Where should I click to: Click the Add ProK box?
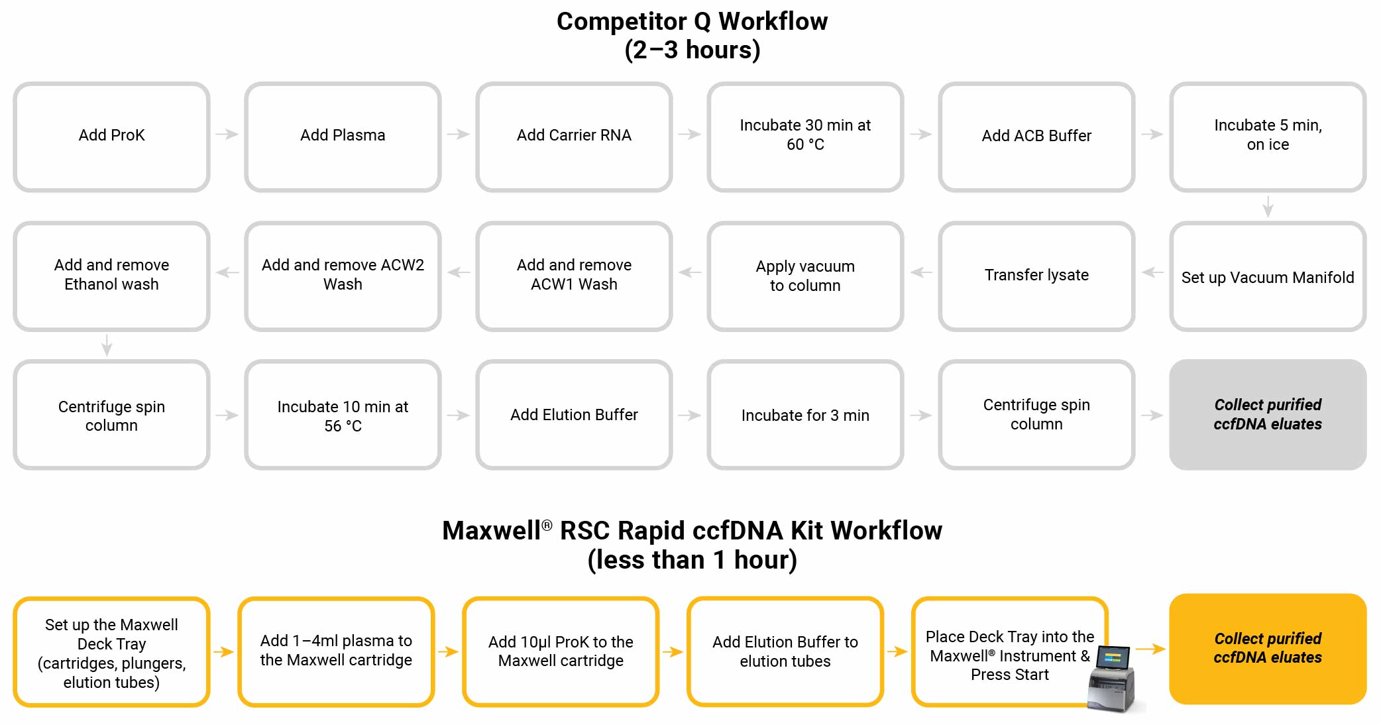coord(111,137)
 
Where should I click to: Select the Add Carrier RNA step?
coord(574,137)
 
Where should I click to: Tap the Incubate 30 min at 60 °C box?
coord(805,137)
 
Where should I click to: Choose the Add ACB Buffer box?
coord(1036,137)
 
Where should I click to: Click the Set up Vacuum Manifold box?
coord(1267,277)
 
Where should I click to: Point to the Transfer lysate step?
coord(1036,276)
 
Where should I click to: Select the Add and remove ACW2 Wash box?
coord(343,276)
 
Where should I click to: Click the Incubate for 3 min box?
coord(805,416)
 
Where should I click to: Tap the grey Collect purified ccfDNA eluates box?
coord(1267,415)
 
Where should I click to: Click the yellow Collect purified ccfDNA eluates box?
coord(1267,648)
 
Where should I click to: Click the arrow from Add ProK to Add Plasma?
coord(227,135)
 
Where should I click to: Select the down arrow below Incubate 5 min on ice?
coord(1268,206)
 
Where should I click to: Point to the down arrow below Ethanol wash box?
coord(107,345)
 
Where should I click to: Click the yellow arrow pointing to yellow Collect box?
coord(1150,649)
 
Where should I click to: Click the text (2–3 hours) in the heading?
coord(692,50)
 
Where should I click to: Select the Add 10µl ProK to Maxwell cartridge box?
coord(561,651)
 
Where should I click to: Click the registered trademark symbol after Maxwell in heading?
coord(547,525)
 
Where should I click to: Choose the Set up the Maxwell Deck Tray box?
coord(111,653)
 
